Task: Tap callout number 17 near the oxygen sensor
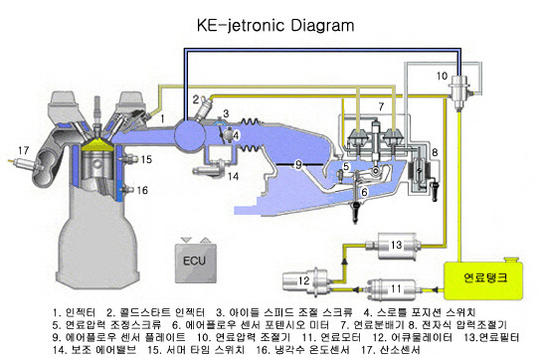pos(21,151)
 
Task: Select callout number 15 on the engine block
pos(146,158)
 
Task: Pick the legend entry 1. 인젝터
pos(77,310)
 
